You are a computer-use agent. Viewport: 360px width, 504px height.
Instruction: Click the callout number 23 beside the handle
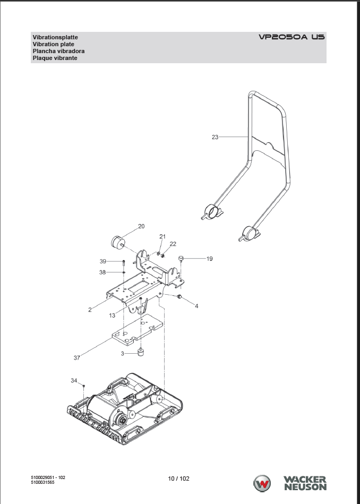(215, 137)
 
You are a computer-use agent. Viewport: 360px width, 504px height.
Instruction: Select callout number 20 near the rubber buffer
(141, 226)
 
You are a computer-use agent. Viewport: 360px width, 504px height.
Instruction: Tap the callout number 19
(209, 259)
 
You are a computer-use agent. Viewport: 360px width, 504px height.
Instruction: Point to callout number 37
(76, 358)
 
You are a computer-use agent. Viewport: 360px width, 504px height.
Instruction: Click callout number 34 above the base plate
(74, 380)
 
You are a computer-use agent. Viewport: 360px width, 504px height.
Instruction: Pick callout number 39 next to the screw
(103, 261)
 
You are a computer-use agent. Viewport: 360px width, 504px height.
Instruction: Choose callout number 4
(196, 306)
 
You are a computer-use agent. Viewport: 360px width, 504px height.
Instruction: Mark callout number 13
(112, 315)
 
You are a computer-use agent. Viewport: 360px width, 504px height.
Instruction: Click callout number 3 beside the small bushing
(123, 353)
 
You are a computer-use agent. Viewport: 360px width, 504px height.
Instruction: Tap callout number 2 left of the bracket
(90, 309)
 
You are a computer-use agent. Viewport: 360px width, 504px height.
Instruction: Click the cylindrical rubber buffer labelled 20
(117, 242)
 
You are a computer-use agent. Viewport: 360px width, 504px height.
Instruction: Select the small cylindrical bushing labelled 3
(141, 352)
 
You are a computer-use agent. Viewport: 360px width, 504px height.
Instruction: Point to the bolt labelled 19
(181, 259)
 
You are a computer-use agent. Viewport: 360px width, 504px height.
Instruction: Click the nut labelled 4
(179, 296)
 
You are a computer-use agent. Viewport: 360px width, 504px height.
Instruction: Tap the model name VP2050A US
(292, 38)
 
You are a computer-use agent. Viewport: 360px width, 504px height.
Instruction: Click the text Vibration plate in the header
(53, 45)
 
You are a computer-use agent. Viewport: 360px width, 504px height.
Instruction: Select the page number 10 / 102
(178, 479)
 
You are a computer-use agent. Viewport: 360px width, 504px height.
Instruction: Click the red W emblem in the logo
(263, 483)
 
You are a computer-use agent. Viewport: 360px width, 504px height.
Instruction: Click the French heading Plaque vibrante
(55, 58)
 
